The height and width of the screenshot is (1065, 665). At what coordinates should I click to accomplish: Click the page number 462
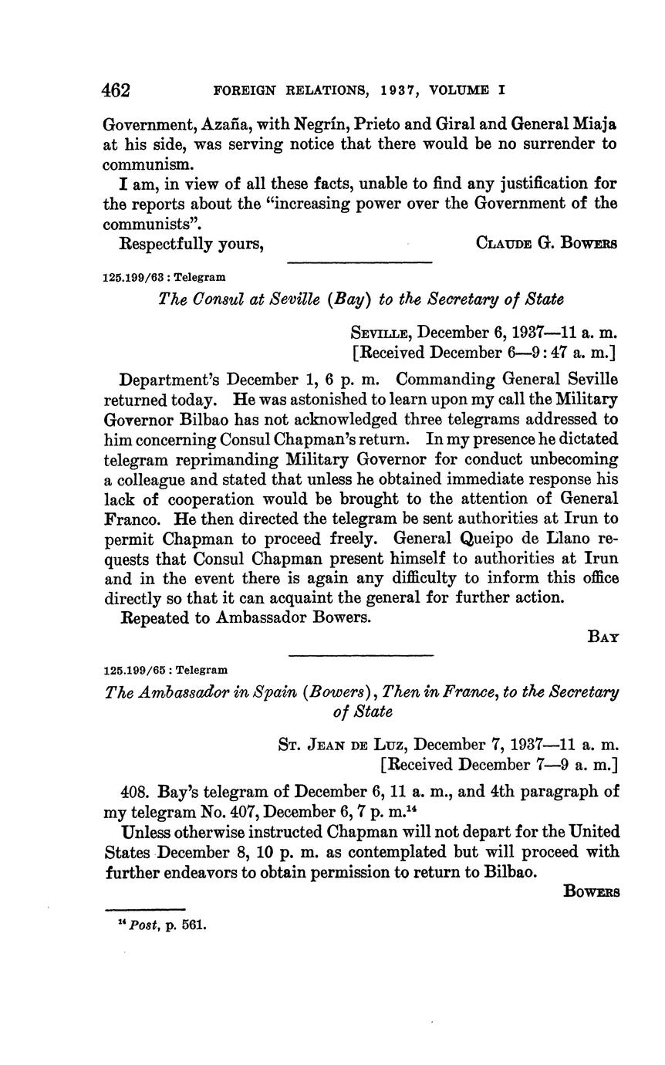pos(116,90)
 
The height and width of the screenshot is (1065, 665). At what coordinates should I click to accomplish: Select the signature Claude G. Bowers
pos(547,243)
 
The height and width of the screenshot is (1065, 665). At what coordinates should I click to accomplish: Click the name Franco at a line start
pos(128,519)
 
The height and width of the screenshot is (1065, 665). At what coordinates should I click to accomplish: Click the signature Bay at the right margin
pos(603,637)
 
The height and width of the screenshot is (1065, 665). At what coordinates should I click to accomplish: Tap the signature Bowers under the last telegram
pos(592,891)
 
